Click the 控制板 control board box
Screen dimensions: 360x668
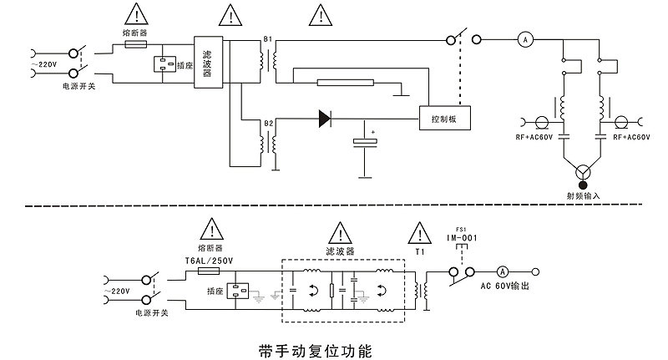443,119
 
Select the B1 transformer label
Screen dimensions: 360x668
268,39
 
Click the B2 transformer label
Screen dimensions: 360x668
268,123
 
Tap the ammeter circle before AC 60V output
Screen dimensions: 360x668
503,271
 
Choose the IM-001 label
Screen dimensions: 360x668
461,238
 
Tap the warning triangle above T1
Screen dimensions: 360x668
419,231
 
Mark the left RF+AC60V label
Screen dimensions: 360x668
534,136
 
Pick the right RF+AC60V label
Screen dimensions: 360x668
632,136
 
